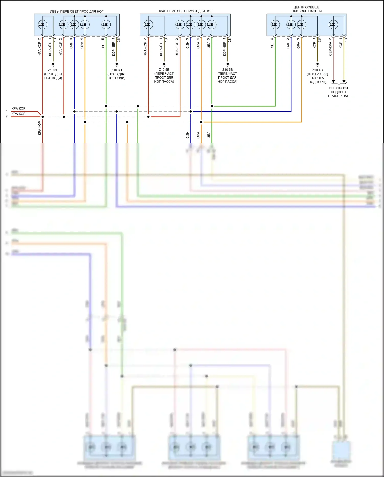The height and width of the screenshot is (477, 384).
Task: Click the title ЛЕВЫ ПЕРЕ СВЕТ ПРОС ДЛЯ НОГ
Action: pyautogui.click(x=77, y=11)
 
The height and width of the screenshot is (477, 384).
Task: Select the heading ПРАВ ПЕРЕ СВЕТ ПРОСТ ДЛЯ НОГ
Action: pyautogui.click(x=185, y=11)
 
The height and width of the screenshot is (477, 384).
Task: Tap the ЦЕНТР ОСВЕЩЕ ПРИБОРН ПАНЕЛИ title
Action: pyautogui.click(x=306, y=9)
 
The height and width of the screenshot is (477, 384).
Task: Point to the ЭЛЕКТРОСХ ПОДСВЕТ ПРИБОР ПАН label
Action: pyautogui.click(x=338, y=92)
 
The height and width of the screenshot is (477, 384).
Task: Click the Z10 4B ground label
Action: pyautogui.click(x=317, y=76)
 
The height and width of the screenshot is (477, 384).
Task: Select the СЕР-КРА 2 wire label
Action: pyautogui.click(x=330, y=47)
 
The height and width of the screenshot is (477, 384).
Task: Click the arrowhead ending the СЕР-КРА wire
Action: pyautogui.click(x=333, y=81)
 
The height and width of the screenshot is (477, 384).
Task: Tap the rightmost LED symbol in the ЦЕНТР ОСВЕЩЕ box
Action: pyautogui.click(x=333, y=25)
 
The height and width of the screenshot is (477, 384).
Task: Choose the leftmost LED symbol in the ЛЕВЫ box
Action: pyautogui.click(x=42, y=25)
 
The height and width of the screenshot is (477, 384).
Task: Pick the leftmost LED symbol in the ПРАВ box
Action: pyautogui.click(x=148, y=25)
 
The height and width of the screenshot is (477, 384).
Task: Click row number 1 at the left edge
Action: pyautogui.click(x=7, y=111)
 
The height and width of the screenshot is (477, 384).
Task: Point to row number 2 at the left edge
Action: pyautogui.click(x=7, y=116)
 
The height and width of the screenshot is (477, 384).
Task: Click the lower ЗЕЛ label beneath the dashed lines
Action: pyautogui.click(x=209, y=135)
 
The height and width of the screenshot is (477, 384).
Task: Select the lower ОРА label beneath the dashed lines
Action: pyautogui.click(x=198, y=135)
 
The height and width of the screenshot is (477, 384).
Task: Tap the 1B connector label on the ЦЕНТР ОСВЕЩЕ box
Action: pyautogui.click(x=345, y=40)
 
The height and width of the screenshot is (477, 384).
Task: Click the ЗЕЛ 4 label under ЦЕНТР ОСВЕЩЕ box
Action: pyautogui.click(x=272, y=43)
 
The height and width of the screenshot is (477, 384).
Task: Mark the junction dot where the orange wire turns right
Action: pyautogui.click(x=201, y=122)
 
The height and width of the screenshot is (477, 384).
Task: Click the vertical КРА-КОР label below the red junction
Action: pyautogui.click(x=40, y=128)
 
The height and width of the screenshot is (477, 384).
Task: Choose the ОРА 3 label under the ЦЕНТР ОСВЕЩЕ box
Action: pyautogui.click(x=298, y=43)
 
